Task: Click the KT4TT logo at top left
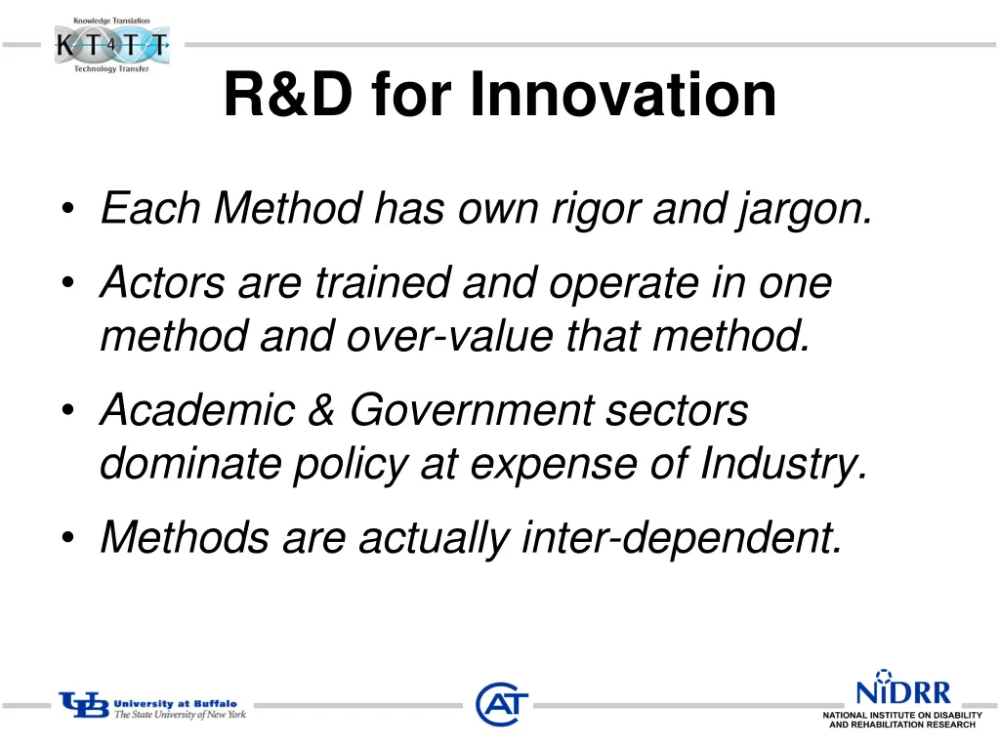tap(111, 45)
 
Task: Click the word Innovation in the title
tap(623, 96)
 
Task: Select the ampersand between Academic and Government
tap(321, 409)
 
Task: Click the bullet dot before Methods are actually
tap(67, 538)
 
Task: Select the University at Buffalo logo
tap(152, 706)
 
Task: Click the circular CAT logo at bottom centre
tap(502, 704)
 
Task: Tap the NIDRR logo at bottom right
tap(901, 699)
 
